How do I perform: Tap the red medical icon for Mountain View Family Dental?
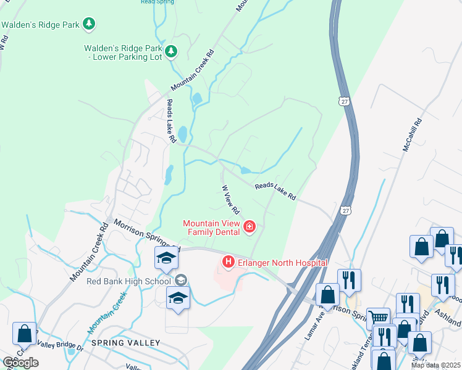(250, 227)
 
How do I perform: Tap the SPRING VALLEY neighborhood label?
(125, 342)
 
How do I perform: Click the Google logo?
(20, 363)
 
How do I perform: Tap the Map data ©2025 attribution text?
(436, 365)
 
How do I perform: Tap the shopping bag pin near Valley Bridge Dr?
(25, 333)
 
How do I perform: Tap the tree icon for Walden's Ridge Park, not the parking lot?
(90, 24)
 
